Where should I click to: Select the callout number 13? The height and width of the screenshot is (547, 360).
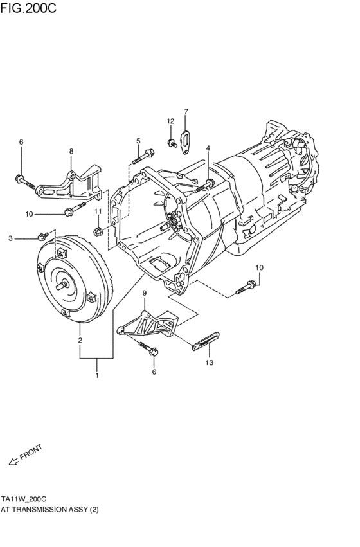point(208,363)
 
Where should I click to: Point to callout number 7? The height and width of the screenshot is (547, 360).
point(186,112)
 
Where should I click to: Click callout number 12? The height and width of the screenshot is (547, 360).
point(170,121)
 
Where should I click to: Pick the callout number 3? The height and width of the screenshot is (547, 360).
point(10,238)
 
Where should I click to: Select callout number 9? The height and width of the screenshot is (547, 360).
point(145,293)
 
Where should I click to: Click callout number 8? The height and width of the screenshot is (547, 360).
point(71,151)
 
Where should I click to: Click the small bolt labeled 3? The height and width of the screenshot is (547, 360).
point(44,236)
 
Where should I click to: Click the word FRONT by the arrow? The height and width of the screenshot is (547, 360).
point(31,453)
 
